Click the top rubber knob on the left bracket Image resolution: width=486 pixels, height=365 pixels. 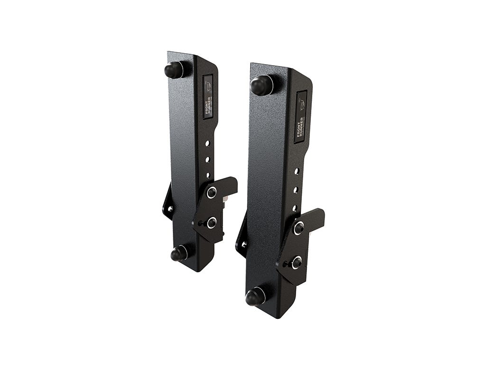click(174, 70)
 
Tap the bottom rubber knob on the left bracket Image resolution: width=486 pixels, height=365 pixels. click(179, 254)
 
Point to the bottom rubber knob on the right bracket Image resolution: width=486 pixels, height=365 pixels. click(255, 297)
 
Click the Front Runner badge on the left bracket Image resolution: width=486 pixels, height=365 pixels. click(208, 97)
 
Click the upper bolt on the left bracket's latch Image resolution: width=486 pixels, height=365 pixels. click(212, 192)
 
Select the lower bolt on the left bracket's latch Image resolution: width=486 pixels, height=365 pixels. click(211, 222)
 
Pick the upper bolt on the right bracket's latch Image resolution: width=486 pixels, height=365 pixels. click(299, 228)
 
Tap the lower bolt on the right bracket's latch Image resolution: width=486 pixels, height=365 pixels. click(296, 262)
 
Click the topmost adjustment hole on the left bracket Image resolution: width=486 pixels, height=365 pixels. click(206, 143)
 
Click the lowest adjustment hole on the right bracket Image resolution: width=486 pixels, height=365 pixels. click(294, 208)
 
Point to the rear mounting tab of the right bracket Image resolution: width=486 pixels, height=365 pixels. click(242, 238)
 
